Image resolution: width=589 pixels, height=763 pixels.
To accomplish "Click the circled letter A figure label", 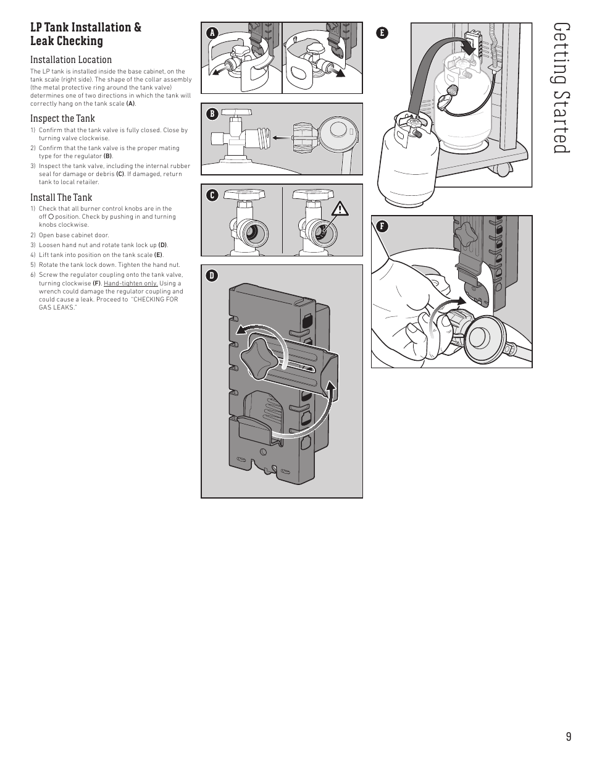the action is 212,33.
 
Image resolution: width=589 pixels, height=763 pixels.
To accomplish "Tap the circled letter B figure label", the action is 212,114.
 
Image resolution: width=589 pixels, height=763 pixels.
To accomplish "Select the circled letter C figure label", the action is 212,195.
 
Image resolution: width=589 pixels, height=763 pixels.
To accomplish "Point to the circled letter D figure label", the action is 212,276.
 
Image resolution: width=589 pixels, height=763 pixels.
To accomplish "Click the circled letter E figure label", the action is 382,33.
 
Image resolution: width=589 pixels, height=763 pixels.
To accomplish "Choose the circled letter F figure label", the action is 382,226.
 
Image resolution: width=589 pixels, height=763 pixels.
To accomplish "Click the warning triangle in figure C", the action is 340,209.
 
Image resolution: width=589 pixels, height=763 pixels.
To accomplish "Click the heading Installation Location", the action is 71,59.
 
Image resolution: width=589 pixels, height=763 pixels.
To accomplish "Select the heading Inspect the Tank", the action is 62,119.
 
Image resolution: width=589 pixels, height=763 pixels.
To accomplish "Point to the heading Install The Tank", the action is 61,197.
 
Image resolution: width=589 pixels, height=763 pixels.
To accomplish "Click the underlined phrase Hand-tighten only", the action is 131,284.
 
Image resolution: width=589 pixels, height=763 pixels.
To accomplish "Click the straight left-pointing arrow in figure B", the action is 282,138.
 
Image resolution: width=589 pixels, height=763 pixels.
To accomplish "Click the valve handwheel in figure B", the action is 237,112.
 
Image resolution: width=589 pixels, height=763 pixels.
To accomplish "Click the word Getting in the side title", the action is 561,54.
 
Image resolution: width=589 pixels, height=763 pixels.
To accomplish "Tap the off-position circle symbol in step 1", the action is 51,217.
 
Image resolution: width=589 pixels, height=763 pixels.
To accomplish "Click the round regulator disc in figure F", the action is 485,336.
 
